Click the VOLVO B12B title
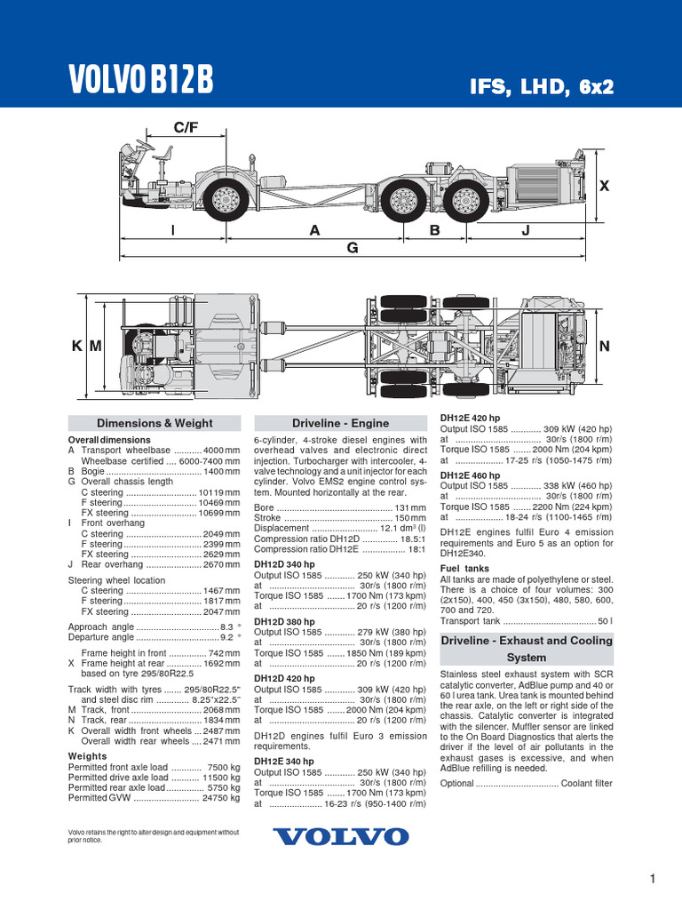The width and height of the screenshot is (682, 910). (141, 80)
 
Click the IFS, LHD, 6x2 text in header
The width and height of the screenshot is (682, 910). (542, 86)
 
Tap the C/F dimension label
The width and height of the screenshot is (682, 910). (186, 128)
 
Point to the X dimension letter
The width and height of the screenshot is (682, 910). (605, 187)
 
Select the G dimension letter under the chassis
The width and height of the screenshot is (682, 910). (352, 249)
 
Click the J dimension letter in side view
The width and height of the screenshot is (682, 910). (525, 230)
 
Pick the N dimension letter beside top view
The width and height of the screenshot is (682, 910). (605, 347)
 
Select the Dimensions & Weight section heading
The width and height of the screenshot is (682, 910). (155, 423)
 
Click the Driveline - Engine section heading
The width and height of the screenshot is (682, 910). (341, 423)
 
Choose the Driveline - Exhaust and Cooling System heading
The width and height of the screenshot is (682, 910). (527, 649)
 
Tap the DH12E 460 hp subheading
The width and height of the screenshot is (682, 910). (471, 475)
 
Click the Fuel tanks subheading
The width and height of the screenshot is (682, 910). (464, 568)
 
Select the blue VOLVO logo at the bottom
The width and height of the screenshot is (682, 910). (341, 836)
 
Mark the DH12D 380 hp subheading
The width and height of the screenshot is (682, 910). (284, 621)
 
